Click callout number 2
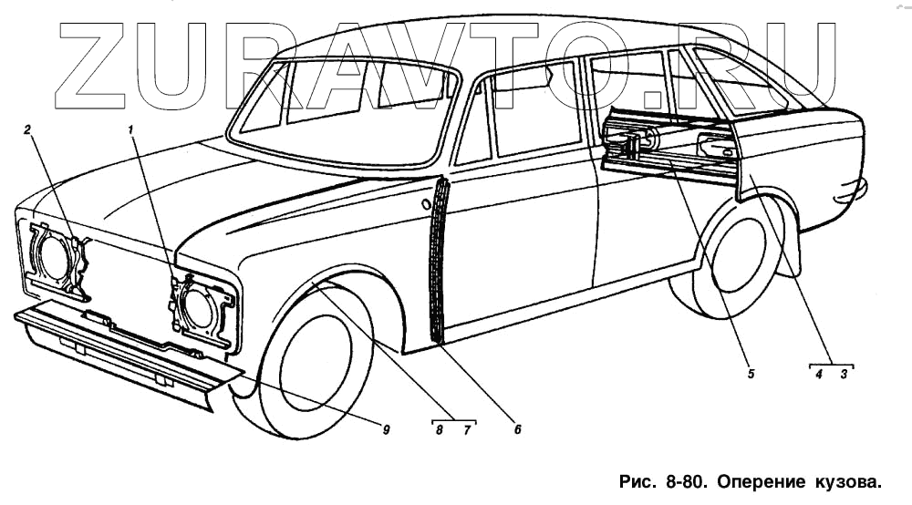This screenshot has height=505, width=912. point(28,129)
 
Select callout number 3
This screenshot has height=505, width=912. point(844,374)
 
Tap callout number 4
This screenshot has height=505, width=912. point(819,374)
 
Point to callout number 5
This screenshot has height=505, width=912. point(750,374)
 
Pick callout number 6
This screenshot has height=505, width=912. point(517,429)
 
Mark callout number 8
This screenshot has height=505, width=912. point(440,429)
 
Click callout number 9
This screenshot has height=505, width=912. point(386,429)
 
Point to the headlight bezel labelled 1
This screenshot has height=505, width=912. point(202,308)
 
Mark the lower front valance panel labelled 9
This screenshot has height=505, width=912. point(119,351)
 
